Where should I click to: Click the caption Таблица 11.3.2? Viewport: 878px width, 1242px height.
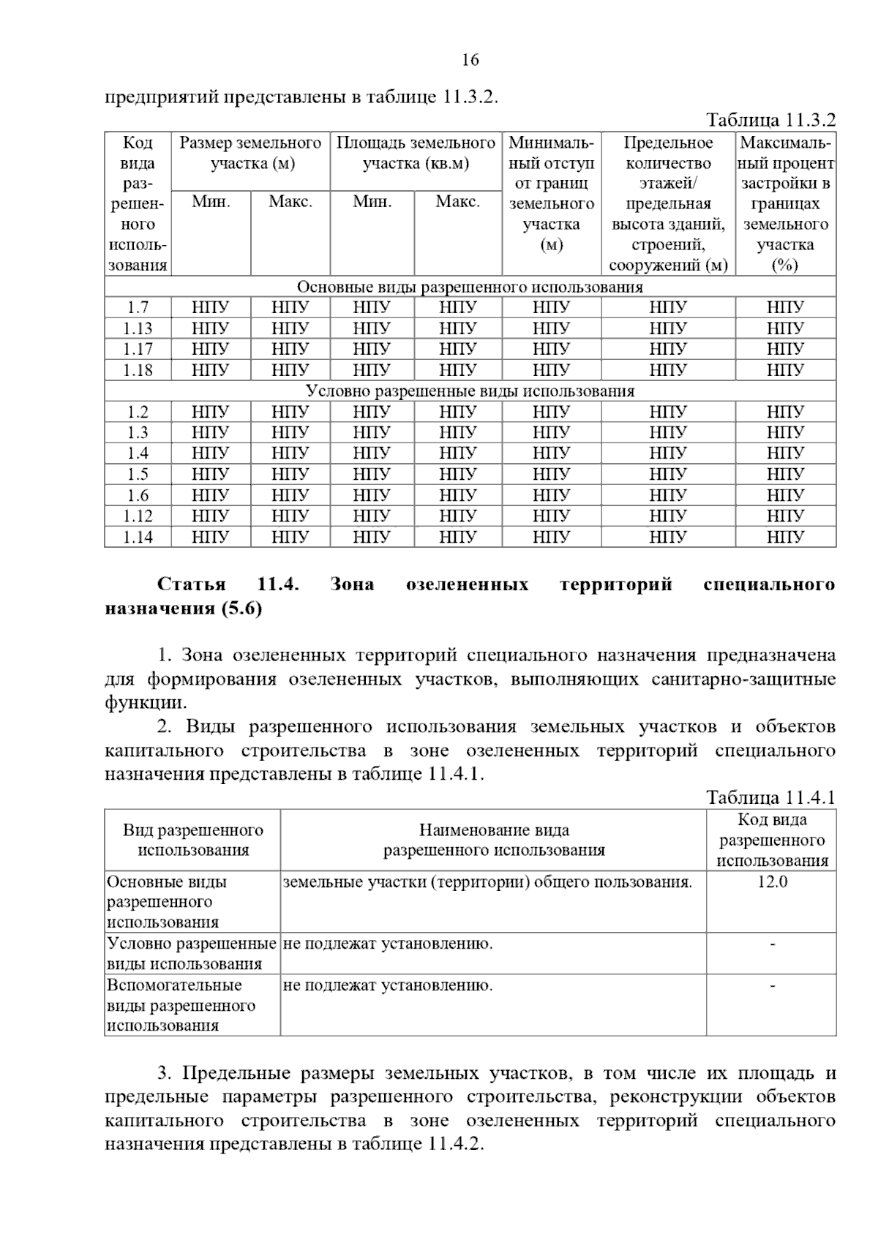pyautogui.click(x=770, y=120)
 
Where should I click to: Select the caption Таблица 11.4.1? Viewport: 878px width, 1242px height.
pyautogui.click(x=770, y=797)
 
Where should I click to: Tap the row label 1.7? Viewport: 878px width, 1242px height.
pyautogui.click(x=138, y=308)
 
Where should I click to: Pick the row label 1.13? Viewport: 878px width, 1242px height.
pyautogui.click(x=138, y=328)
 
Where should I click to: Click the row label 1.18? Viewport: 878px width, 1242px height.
pyautogui.click(x=138, y=370)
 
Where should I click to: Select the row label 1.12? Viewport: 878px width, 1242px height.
pyautogui.click(x=138, y=516)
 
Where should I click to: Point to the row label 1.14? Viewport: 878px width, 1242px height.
pyautogui.click(x=138, y=537)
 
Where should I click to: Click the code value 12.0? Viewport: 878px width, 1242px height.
pyautogui.click(x=772, y=882)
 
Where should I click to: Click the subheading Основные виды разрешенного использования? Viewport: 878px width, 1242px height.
pyautogui.click(x=470, y=287)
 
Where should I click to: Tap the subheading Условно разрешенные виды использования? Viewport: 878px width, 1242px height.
pyautogui.click(x=470, y=391)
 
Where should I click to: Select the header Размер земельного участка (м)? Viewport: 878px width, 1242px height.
pyautogui.click(x=251, y=153)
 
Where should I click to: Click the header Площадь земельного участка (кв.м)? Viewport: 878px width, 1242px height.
pyautogui.click(x=416, y=153)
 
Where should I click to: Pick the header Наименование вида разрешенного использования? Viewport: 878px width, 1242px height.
pyautogui.click(x=494, y=840)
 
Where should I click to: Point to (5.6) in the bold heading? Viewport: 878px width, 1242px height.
pyautogui.click(x=241, y=609)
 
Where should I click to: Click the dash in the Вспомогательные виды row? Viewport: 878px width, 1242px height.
pyautogui.click(x=772, y=986)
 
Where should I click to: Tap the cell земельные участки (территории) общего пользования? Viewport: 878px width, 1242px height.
pyautogui.click(x=487, y=882)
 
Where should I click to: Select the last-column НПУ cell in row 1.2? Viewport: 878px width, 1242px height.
pyautogui.click(x=785, y=412)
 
